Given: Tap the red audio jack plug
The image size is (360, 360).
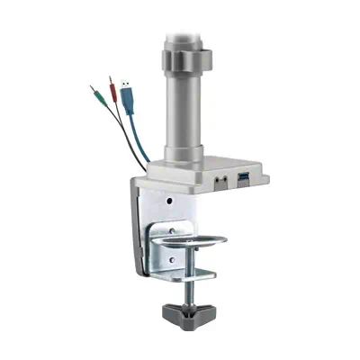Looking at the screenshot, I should click(x=112, y=87).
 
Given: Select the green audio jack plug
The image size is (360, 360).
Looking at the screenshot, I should click(x=95, y=94).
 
